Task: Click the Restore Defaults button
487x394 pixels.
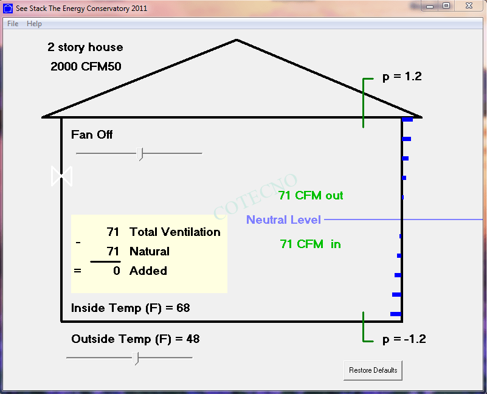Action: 373,370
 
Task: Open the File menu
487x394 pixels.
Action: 13,24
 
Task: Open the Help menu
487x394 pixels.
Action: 34,24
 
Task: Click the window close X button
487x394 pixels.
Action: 469,5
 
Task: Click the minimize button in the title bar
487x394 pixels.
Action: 430,6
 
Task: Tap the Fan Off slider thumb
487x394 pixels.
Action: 140,154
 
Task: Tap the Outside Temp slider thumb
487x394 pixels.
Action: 136,358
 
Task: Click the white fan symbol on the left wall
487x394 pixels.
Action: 62,176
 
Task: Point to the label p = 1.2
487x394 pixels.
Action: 402,77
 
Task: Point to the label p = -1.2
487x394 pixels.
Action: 404,339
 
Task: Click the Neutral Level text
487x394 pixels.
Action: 283,219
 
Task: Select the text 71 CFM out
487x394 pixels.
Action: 311,195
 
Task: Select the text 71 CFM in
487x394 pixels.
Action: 310,244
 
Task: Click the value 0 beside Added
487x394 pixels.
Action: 117,271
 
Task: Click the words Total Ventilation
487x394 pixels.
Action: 175,232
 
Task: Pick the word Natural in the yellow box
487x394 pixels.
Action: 150,251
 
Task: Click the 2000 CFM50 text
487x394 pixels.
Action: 86,66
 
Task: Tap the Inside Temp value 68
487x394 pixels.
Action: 183,308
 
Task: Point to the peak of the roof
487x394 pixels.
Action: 237,40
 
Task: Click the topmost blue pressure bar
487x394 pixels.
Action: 407,119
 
